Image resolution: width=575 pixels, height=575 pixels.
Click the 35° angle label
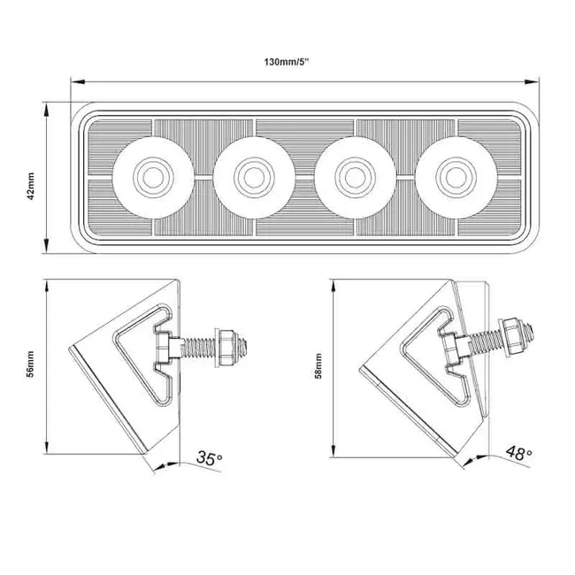[x=209, y=458]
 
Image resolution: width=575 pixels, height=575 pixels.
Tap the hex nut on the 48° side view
[x=513, y=334]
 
